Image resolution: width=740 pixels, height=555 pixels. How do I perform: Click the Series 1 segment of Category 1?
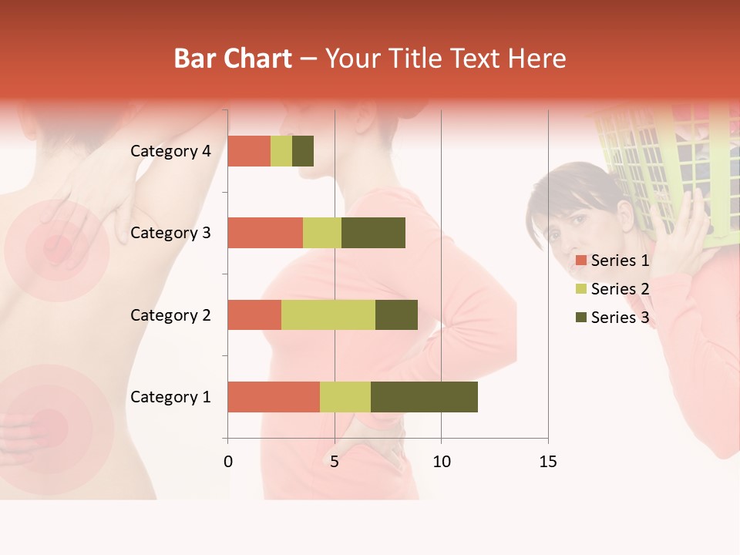[274, 397]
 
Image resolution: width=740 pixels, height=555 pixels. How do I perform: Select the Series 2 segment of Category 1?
[345, 397]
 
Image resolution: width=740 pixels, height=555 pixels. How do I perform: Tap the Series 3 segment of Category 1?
[424, 397]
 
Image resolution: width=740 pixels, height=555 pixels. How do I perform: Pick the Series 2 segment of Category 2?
[328, 314]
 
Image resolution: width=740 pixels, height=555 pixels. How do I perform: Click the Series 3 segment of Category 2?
[396, 314]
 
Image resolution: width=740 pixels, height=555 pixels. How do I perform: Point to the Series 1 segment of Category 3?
[265, 233]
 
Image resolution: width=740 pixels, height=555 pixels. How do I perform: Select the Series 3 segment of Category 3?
[373, 233]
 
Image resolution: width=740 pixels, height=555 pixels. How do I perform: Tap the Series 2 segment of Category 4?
[281, 151]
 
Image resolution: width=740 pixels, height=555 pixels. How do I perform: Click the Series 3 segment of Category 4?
[303, 151]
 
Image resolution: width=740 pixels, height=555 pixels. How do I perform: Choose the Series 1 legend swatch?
[580, 261]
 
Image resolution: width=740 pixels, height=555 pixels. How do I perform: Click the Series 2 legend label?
[620, 289]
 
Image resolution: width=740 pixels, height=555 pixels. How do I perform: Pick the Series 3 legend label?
[620, 318]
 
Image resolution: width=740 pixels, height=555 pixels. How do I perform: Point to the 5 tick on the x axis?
[335, 462]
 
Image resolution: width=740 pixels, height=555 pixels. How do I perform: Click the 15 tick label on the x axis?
[547, 462]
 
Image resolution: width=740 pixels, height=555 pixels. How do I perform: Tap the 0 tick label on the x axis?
[227, 462]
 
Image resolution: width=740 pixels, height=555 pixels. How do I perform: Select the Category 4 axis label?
[170, 151]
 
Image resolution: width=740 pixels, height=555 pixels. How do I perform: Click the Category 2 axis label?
[170, 314]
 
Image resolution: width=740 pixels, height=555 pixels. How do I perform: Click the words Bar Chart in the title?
[233, 59]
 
